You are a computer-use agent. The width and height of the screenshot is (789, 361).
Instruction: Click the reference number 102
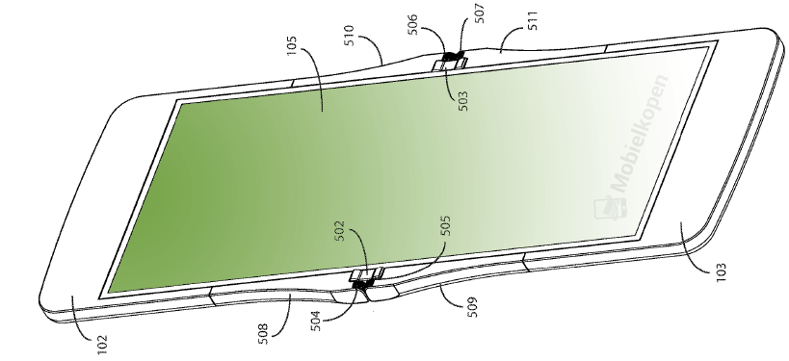[x=102, y=345]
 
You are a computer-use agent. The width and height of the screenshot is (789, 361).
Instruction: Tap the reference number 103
[x=722, y=272]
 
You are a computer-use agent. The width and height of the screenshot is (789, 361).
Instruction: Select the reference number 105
[x=292, y=46]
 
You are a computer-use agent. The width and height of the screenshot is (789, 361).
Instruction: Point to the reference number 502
[x=341, y=231]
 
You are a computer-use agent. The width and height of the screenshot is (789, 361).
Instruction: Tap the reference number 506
[x=412, y=24]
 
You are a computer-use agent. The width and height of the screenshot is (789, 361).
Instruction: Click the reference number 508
[x=263, y=334]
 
